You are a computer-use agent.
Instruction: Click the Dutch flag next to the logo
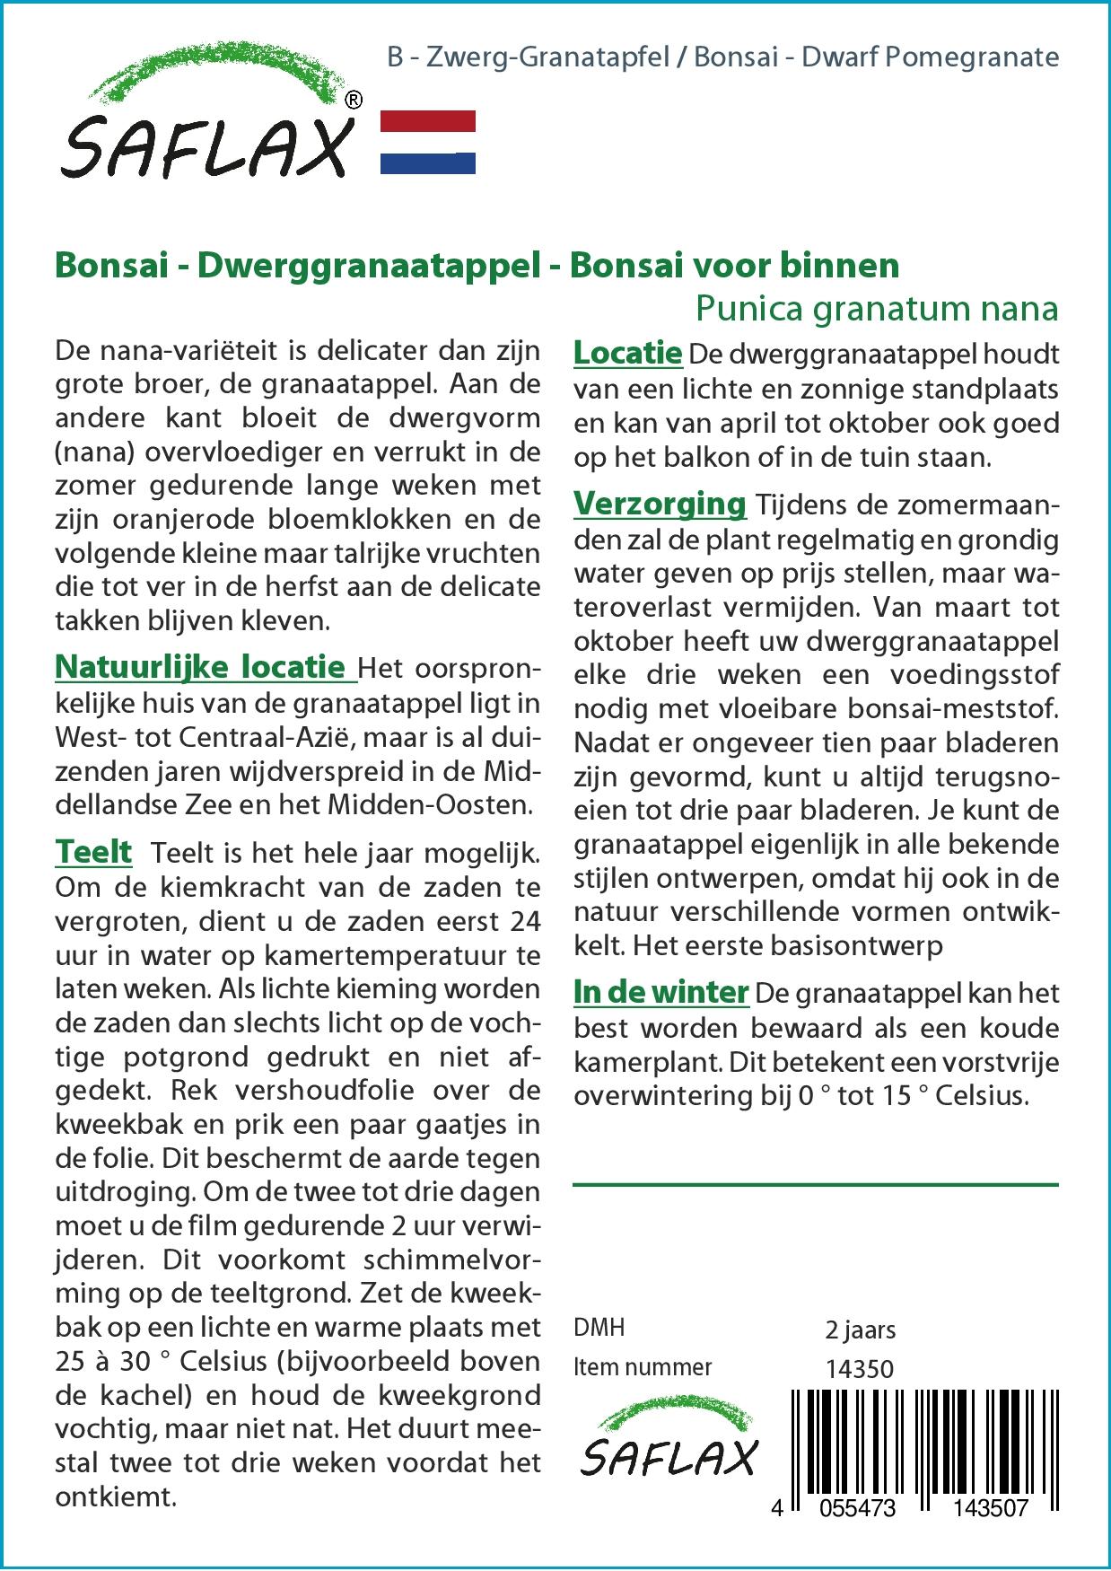click(x=428, y=142)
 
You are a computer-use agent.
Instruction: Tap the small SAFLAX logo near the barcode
click(x=668, y=1444)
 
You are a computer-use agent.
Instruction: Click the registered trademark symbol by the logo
click(x=354, y=101)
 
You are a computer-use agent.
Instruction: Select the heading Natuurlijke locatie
click(x=200, y=667)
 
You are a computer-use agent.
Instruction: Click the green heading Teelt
click(x=93, y=851)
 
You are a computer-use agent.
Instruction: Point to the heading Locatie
click(x=627, y=353)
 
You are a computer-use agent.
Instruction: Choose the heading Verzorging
click(x=660, y=504)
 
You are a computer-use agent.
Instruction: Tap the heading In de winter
click(x=660, y=992)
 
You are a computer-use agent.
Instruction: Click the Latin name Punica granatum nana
click(x=877, y=308)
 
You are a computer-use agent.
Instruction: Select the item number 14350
click(x=859, y=1368)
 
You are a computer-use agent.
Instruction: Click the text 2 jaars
click(x=860, y=1330)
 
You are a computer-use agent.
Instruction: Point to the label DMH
click(x=599, y=1328)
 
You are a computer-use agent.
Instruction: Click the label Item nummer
click(x=643, y=1367)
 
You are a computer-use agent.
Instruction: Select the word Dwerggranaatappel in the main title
click(x=367, y=266)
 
